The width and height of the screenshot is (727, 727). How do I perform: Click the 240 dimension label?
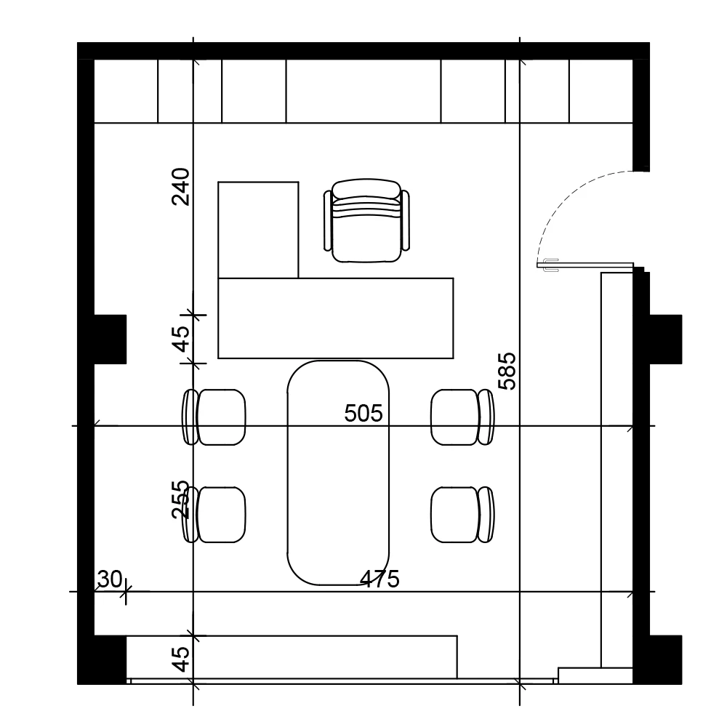[x=181, y=187]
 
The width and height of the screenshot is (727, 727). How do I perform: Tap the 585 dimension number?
[x=507, y=371]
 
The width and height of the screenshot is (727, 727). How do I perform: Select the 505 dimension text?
[x=363, y=414]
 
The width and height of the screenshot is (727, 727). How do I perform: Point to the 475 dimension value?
[x=380, y=579]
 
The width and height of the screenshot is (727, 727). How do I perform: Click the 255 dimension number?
[x=180, y=499]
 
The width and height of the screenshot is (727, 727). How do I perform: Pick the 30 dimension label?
[x=109, y=579]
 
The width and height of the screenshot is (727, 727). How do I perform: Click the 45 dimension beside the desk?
[x=181, y=338]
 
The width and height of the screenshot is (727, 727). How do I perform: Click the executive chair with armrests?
[x=367, y=221]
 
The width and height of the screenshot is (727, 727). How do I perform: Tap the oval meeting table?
[x=340, y=473]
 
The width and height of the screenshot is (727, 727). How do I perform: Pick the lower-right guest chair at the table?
[x=462, y=515]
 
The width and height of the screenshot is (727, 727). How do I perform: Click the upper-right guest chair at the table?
[x=462, y=417]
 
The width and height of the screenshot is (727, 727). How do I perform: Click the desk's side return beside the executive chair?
[x=258, y=230]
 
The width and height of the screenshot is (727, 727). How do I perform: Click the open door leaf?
[x=585, y=265]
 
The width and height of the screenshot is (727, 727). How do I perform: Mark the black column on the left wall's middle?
[x=110, y=338]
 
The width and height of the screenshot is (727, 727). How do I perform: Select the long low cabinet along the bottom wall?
[x=291, y=657]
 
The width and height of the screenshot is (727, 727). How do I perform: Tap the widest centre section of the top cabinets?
[x=363, y=91]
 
